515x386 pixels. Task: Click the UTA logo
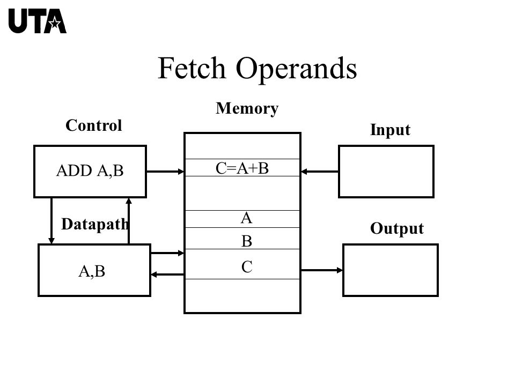[38, 21]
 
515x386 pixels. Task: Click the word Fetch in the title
[192, 68]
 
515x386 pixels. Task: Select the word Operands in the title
[296, 70]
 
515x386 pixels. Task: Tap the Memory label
[247, 109]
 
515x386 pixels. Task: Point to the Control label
[93, 125]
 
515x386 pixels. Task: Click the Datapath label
[95, 225]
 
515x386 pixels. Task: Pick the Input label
[390, 130]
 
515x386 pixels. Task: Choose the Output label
[397, 228]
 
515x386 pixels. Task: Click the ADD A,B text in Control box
[90, 170]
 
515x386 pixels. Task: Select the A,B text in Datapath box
[92, 271]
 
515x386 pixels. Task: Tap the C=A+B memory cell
[242, 168]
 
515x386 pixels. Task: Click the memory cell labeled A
[242, 219]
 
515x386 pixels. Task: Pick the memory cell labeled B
[242, 238]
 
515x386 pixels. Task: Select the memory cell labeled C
[242, 264]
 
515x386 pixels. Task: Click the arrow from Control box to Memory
[165, 172]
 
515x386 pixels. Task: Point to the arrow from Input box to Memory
[320, 172]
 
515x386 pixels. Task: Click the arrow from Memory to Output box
[322, 270]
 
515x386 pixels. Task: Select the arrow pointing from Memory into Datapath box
[167, 274]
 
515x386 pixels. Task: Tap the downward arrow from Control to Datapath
[51, 220]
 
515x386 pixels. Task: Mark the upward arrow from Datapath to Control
[129, 220]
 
